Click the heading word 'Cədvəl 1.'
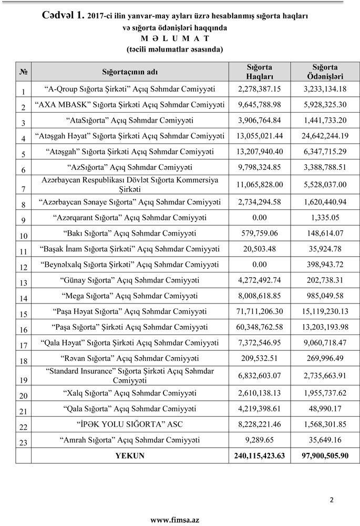coord(63,15)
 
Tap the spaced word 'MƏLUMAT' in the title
coord(175,38)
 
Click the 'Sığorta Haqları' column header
coord(260,72)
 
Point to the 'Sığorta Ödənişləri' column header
coord(325,72)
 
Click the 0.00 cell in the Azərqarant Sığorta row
coord(260,217)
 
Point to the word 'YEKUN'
coord(129,455)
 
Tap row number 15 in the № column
coord(23,315)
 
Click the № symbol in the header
coord(23,72)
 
